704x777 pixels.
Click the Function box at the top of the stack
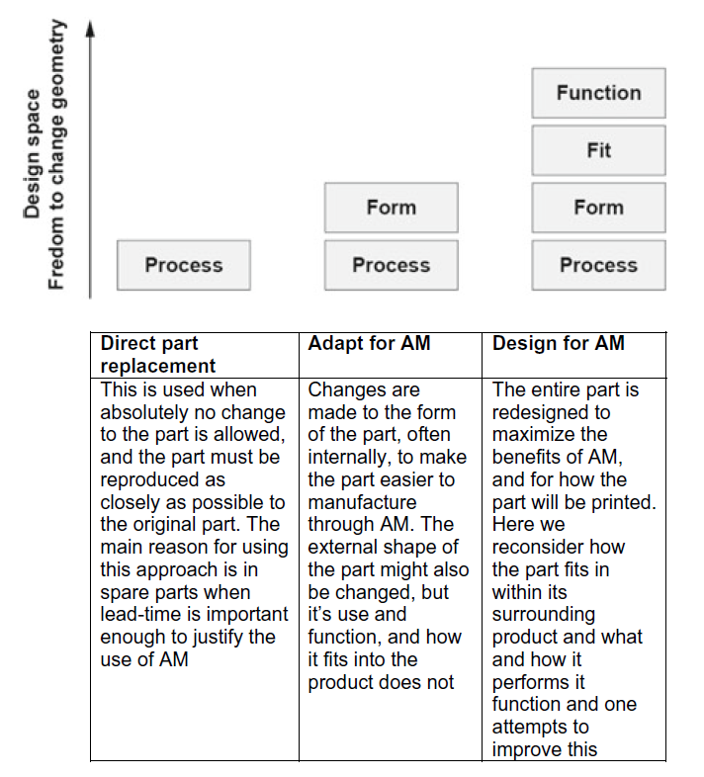pyautogui.click(x=598, y=93)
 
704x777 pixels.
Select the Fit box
pyautogui.click(x=598, y=150)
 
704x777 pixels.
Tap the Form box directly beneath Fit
pyautogui.click(x=598, y=208)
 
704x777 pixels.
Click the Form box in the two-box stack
pyautogui.click(x=391, y=208)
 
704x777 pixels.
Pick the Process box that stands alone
pyautogui.click(x=184, y=265)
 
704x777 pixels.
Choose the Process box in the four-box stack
pyautogui.click(x=598, y=265)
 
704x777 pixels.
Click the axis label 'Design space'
pyautogui.click(x=34, y=153)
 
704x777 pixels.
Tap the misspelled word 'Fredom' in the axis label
pyautogui.click(x=56, y=259)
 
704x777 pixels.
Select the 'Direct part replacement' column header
pyautogui.click(x=158, y=354)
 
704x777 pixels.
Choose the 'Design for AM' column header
pyautogui.click(x=558, y=343)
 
